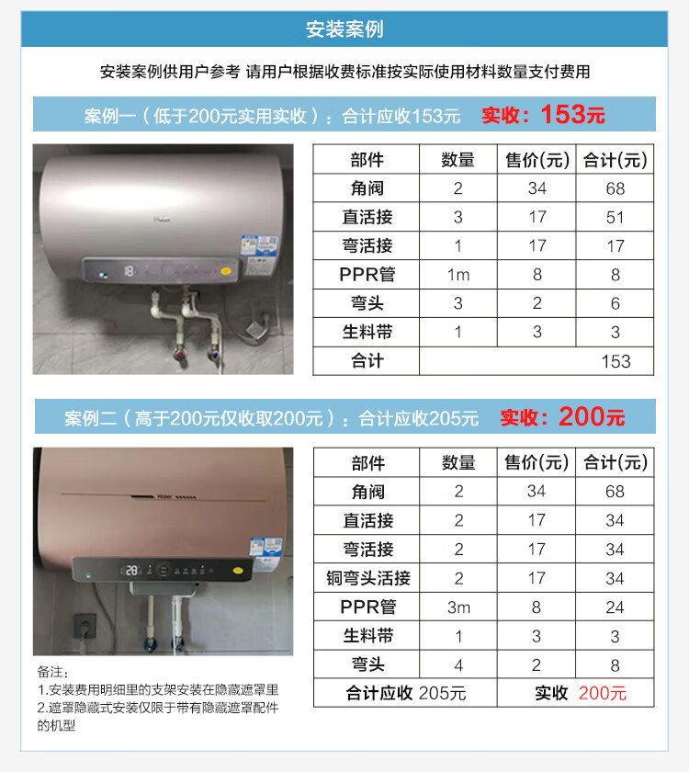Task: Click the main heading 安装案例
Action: point(344,29)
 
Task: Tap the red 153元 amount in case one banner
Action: point(573,115)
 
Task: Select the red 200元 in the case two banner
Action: point(592,417)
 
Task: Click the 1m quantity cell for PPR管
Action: point(458,275)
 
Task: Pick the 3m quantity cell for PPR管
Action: point(458,607)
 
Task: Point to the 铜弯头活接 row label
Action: point(368,578)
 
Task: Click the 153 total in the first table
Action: point(616,361)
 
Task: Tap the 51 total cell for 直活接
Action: point(616,217)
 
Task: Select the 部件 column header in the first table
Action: point(367,160)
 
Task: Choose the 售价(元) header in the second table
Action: point(537,462)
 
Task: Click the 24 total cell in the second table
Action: point(615,607)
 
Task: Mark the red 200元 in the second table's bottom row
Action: point(603,693)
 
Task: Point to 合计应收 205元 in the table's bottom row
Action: point(405,693)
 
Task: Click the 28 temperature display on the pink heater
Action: point(131,571)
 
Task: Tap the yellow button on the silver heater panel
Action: point(226,271)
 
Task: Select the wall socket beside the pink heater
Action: point(85,626)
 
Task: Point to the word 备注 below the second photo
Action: point(50,672)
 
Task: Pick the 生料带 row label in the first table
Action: point(367,333)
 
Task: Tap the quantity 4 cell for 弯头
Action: point(458,665)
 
